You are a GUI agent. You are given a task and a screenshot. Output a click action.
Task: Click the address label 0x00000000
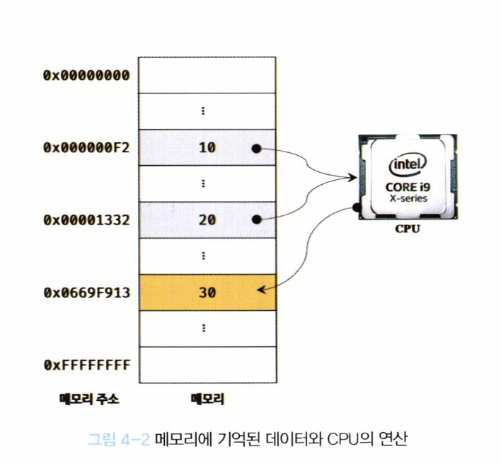pos(86,75)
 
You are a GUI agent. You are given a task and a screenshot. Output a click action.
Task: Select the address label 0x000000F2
pos(86,148)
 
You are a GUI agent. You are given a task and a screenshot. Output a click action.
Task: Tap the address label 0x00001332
pos(86,220)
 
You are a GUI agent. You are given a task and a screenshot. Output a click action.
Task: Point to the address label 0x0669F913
pos(86,292)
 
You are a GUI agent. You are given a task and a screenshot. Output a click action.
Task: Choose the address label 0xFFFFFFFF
pos(86,365)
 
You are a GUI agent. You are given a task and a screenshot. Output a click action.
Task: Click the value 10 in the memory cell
pos(206,148)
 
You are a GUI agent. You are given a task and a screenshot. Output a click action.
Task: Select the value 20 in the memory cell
pos(207,220)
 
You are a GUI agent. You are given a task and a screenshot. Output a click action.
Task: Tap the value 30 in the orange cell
pos(207,292)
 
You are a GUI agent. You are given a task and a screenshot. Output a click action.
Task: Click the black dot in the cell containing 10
pos(256,149)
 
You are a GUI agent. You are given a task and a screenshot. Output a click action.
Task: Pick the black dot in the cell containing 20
pos(256,220)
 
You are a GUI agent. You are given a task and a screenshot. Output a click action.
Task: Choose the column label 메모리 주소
pos(88,399)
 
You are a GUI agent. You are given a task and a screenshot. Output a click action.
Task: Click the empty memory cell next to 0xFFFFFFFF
pos(207,364)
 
